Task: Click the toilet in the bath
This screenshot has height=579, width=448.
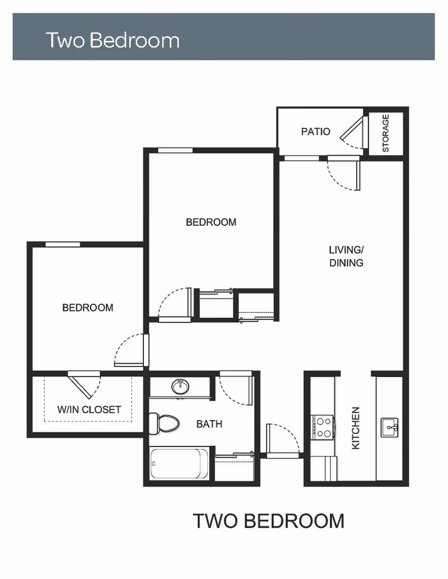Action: point(164,423)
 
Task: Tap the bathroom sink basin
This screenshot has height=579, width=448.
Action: point(180,387)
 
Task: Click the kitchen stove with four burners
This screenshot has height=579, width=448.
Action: point(323,427)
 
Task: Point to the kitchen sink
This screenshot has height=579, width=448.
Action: point(389,427)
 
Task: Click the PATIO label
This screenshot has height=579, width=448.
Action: point(315,131)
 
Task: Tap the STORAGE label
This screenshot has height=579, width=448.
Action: point(385,133)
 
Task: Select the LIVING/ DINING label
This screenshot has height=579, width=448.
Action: point(346,256)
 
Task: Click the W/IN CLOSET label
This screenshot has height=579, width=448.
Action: point(89,409)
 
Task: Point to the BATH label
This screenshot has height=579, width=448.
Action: point(209,424)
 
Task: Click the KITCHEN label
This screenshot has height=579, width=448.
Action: point(356,428)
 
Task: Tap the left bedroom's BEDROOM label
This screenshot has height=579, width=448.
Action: point(87,308)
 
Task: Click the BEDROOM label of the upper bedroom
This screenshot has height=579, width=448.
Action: point(211,222)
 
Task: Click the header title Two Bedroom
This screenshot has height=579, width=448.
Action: point(113,40)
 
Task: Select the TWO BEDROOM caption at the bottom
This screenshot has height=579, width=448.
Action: point(269,521)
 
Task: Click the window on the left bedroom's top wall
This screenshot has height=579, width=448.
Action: point(63,244)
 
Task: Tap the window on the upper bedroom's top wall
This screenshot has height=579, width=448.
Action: point(175,150)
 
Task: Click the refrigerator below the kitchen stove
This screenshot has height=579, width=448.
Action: point(324,469)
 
